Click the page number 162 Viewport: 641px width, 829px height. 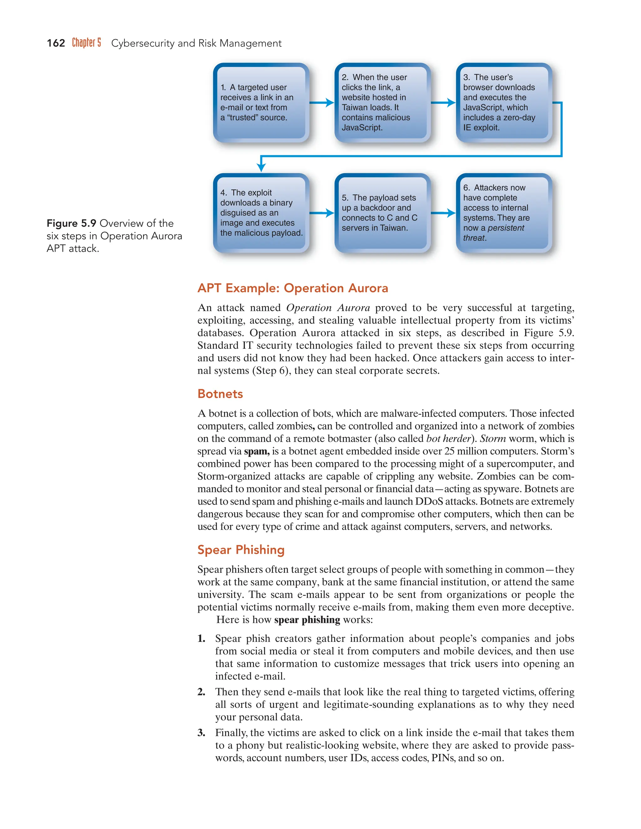click(x=56, y=43)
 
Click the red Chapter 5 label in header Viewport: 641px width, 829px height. click(x=87, y=43)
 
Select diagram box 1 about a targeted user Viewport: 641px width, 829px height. click(x=261, y=103)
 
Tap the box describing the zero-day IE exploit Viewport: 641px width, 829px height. click(x=504, y=103)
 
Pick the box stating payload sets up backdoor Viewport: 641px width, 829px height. click(x=382, y=213)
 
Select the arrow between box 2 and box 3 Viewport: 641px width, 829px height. click(x=443, y=103)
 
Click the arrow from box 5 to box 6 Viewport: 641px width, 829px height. click(x=443, y=213)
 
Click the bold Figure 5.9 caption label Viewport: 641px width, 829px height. click(x=71, y=223)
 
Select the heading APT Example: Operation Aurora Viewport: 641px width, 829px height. click(x=292, y=288)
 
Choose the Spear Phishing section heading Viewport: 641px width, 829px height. click(x=241, y=550)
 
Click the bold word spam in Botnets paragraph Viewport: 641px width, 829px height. click(x=256, y=451)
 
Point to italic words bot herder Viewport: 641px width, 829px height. click(x=449, y=439)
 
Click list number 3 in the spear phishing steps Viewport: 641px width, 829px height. click(x=201, y=733)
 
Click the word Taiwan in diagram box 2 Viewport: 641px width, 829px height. click(x=355, y=107)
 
